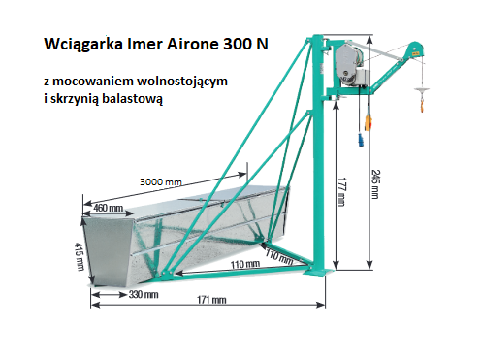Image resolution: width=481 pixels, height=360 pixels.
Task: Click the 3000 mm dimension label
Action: (x=160, y=181)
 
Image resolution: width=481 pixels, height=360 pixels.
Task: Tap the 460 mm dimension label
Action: (x=108, y=207)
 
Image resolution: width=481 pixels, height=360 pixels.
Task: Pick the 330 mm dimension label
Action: (x=143, y=294)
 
